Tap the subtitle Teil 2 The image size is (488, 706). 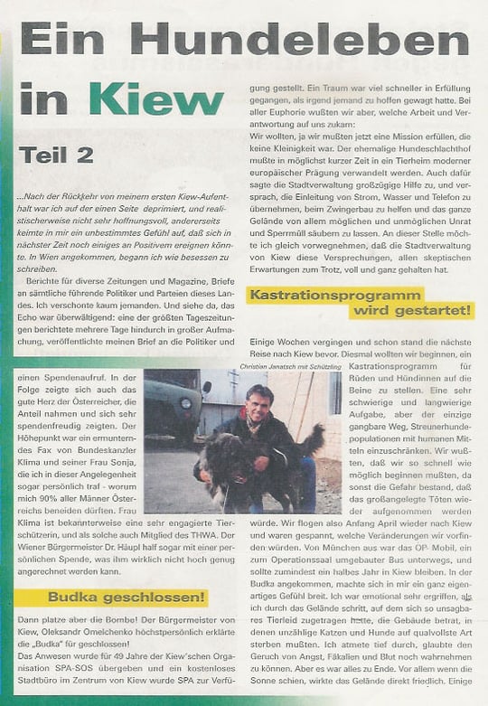(57, 154)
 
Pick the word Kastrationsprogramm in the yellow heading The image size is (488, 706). (336, 295)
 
